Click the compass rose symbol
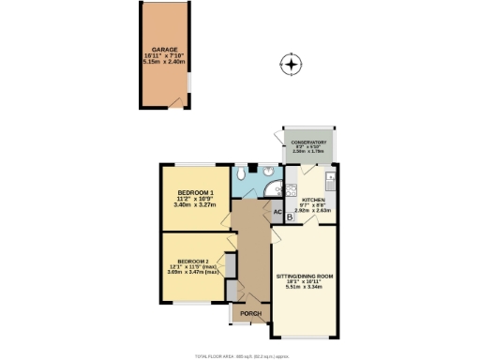point(292,65)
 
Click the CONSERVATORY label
point(308,142)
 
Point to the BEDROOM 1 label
point(196,192)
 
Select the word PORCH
point(249,313)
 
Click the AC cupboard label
point(277,212)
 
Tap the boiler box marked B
point(290,217)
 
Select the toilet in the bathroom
point(242,174)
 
